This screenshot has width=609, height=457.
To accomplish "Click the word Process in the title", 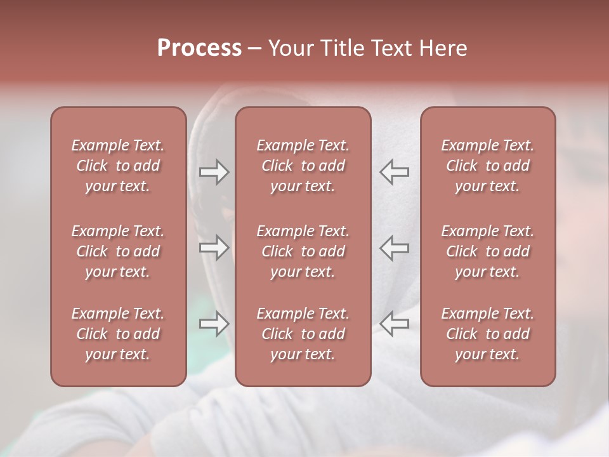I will coord(199,48).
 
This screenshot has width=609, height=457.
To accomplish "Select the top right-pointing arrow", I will coord(214,172).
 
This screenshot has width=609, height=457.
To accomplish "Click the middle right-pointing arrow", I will coord(214,248).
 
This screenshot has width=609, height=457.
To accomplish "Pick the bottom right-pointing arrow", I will coord(214,324).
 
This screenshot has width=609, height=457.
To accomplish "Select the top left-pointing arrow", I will coord(394,172).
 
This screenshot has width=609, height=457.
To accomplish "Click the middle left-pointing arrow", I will coord(394,248).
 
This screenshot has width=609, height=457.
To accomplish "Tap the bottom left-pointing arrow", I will coord(394,324).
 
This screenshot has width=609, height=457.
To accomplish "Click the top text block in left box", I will coord(118,166).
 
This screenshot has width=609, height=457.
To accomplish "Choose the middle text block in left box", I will coord(118,251).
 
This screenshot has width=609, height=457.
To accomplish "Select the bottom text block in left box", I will coord(118,334).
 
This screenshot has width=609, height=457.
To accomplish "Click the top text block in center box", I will coord(303,166).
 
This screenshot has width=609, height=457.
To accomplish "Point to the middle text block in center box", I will coord(303,251).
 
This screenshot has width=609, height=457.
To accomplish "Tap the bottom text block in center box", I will coord(303,334).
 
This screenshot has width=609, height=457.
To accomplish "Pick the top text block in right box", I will coord(487,166).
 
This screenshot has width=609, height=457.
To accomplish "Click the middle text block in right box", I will coord(487,251).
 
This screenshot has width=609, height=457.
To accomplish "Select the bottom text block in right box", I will coord(487,334).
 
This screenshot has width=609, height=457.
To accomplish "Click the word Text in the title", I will coord(391,48).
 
